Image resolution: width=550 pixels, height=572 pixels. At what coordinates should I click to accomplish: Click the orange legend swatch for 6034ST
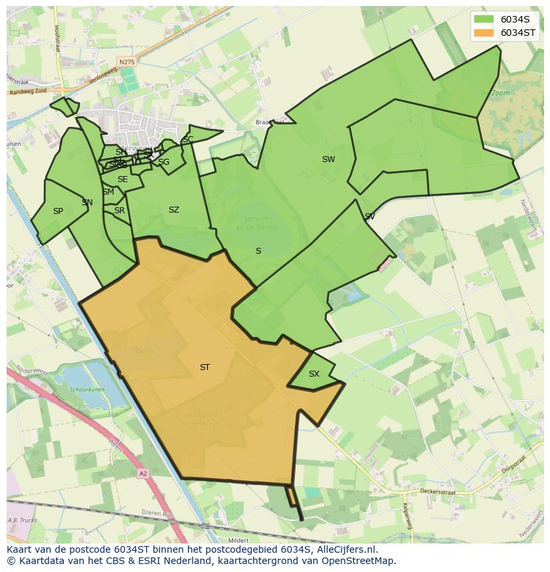coord(484,33)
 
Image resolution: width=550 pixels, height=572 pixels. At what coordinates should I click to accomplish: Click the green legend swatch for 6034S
coord(484,19)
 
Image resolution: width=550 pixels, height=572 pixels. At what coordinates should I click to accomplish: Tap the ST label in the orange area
coord(205,367)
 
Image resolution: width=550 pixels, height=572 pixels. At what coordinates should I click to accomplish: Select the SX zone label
coord(314,374)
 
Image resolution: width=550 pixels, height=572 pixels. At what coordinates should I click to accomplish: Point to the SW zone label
coord(328,159)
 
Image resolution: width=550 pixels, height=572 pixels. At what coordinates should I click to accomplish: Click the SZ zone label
coord(174,210)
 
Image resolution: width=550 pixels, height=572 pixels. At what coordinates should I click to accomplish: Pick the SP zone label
coord(58,211)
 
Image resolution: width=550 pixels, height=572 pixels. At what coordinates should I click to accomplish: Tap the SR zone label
coord(120,211)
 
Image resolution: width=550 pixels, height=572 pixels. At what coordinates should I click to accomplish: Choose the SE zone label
coord(122,179)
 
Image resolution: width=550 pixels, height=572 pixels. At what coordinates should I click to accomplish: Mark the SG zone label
coord(163,162)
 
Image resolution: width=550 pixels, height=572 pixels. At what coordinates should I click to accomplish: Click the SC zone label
coord(188,140)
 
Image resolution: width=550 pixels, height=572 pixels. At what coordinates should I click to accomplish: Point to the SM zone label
coord(108,192)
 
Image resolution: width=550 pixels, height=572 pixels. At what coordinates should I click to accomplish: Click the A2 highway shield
coord(143,474)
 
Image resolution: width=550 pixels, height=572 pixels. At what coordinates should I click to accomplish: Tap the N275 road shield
coord(126,62)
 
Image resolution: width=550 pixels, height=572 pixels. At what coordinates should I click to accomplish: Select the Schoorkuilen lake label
coord(88,391)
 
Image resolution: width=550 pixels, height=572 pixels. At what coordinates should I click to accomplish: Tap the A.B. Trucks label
coord(21,520)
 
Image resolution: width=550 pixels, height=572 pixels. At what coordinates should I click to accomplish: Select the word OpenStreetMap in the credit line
coord(363,561)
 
